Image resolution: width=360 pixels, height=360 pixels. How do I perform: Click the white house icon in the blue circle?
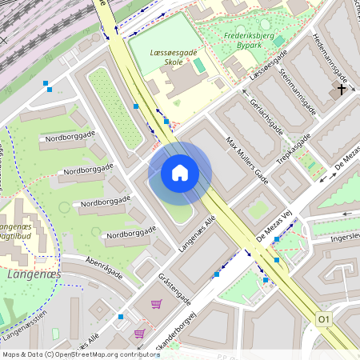click(180, 172)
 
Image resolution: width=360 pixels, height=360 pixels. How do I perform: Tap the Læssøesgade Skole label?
click(172, 57)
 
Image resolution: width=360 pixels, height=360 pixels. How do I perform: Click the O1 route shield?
click(324, 319)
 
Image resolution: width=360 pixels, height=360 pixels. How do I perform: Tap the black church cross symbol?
click(342, 90)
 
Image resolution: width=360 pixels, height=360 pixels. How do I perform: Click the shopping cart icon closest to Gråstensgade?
click(156, 304)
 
